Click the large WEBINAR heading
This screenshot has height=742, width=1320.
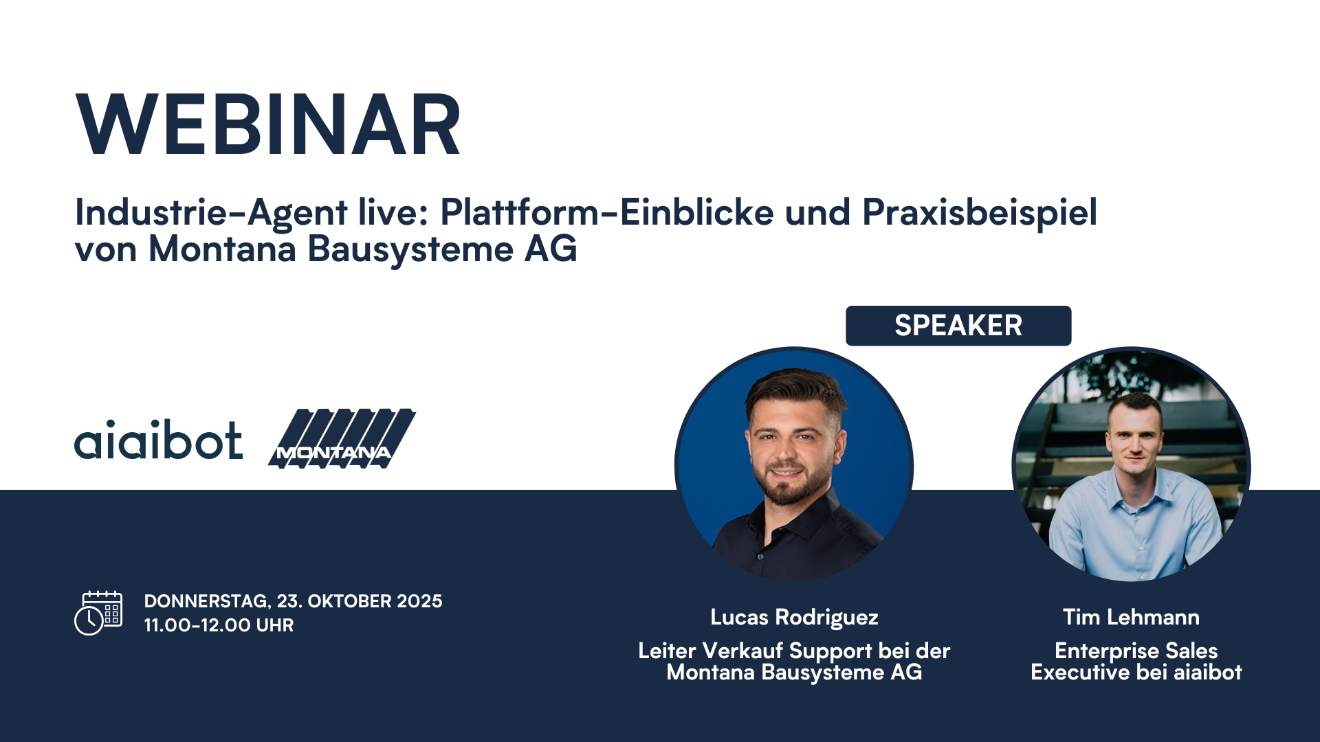pos(268,125)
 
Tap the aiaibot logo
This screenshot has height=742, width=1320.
pos(158,440)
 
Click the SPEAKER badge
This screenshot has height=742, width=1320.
pos(958,326)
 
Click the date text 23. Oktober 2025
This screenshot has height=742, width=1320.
pos(360,601)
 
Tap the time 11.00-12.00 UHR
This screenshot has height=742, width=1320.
pos(219,625)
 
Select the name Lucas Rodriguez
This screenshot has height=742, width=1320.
pos(794,617)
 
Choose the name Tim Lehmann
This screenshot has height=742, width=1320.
pos(1131,617)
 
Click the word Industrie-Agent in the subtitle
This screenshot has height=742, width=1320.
pos(211,212)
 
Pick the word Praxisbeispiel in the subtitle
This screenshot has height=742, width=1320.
pos(979,212)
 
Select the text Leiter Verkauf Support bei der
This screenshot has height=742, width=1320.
pos(794,651)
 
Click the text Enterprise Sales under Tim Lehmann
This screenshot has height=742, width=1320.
pos(1136,651)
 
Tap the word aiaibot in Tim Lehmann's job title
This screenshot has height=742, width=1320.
pos(1207,672)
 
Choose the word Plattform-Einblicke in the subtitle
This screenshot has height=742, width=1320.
pos(607,212)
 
